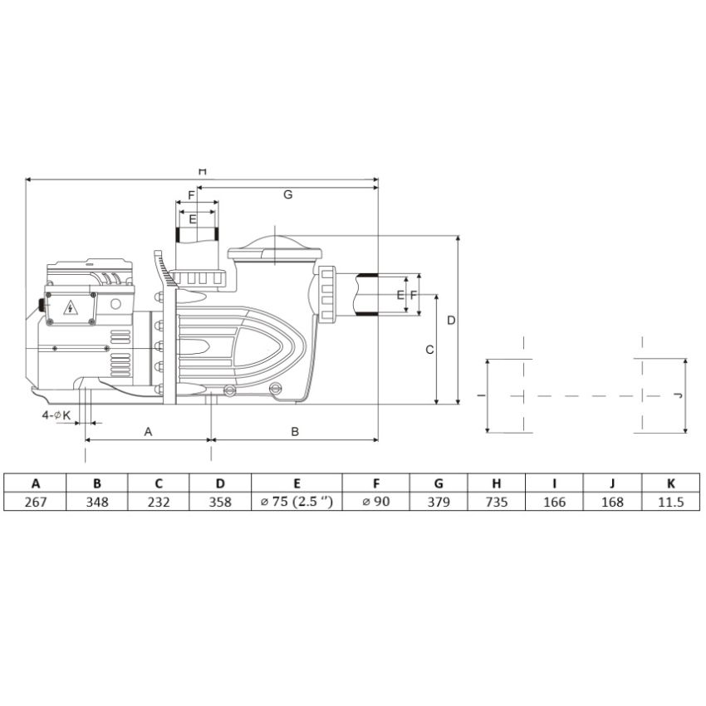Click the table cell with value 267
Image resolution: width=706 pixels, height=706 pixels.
(x=36, y=503)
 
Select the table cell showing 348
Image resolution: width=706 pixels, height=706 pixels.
(x=97, y=503)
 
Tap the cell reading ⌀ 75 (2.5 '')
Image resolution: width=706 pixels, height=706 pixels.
(x=297, y=503)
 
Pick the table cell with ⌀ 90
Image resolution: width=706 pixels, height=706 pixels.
(x=375, y=503)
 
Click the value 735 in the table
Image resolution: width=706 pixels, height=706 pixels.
(x=497, y=503)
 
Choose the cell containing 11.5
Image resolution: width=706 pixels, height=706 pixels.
(x=671, y=503)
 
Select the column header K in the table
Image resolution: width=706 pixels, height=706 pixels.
(x=671, y=483)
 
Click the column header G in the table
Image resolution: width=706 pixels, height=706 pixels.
(x=438, y=483)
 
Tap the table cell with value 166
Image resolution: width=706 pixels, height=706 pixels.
(x=554, y=503)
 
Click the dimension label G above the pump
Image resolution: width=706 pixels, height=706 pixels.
(x=287, y=194)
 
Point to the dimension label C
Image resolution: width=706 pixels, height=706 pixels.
(x=429, y=350)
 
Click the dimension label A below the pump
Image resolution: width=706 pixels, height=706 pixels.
(x=149, y=431)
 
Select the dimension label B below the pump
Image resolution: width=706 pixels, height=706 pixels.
(x=294, y=431)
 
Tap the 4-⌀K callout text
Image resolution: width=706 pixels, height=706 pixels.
(x=57, y=414)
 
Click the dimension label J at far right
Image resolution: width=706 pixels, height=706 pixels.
(x=677, y=395)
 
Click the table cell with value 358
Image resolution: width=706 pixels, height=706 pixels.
(x=220, y=503)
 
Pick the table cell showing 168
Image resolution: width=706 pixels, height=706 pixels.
(x=612, y=503)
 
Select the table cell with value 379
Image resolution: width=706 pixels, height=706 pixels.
(x=438, y=503)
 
